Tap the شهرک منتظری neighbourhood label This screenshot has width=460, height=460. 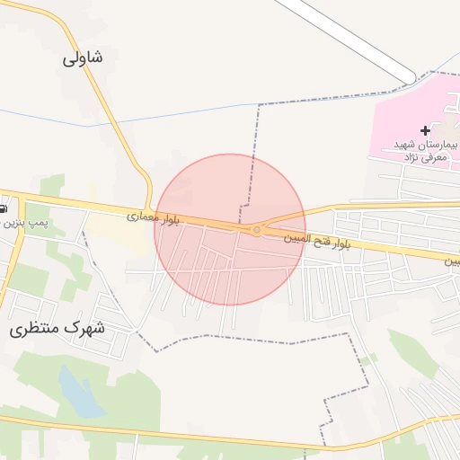coord(57,328)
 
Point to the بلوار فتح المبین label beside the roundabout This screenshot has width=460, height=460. coord(315,241)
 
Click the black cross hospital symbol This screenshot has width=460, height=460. coord(425,130)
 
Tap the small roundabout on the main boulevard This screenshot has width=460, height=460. coord(256,231)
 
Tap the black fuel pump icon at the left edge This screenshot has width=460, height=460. coord(4,208)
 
